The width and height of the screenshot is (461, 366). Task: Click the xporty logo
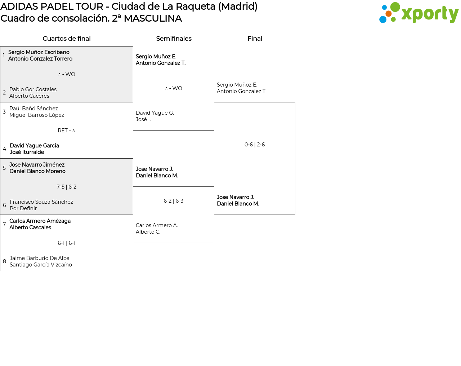pyautogui.click(x=419, y=13)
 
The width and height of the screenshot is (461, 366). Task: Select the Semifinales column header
pyautogui.click(x=174, y=39)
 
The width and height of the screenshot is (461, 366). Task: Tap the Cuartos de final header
pyautogui.click(x=67, y=39)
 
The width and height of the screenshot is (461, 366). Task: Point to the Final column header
pyautogui.click(x=255, y=39)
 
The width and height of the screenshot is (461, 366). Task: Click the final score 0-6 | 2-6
pyautogui.click(x=255, y=145)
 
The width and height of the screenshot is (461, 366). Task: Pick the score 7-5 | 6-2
pyautogui.click(x=66, y=187)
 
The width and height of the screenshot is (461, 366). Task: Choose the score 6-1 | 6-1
pyautogui.click(x=66, y=243)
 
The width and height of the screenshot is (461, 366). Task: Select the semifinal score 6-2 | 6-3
pyautogui.click(x=174, y=201)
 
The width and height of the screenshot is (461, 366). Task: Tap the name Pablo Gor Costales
pyautogui.click(x=33, y=89)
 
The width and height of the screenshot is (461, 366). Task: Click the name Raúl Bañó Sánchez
pyautogui.click(x=33, y=109)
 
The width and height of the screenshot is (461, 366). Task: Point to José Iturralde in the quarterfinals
pyautogui.click(x=27, y=152)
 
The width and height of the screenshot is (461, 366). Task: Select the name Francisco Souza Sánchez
pyautogui.click(x=41, y=202)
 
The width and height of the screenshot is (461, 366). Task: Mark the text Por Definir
pyautogui.click(x=23, y=208)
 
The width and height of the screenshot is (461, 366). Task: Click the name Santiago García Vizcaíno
pyautogui.click(x=41, y=265)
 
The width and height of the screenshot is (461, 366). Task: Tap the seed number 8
pyautogui.click(x=4, y=261)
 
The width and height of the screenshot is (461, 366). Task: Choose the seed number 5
pyautogui.click(x=4, y=168)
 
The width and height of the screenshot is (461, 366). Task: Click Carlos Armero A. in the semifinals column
pyautogui.click(x=157, y=225)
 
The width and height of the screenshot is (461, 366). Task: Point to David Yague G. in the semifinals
pyautogui.click(x=155, y=113)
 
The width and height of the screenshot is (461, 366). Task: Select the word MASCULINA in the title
pyautogui.click(x=153, y=18)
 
